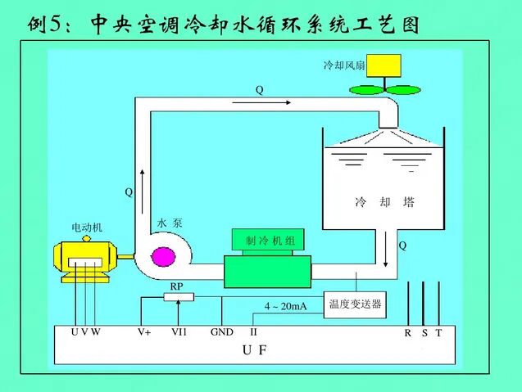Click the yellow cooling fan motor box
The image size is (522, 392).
click(x=384, y=65)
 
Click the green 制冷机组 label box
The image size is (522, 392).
click(x=269, y=240)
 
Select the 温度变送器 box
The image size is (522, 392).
click(x=355, y=305)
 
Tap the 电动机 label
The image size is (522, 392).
click(x=87, y=227)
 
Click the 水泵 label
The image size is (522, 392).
click(x=169, y=223)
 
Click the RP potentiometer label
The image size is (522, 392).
click(x=176, y=286)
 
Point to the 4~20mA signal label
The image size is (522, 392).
click(x=284, y=306)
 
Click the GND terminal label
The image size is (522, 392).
click(x=221, y=332)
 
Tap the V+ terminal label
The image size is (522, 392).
click(x=144, y=332)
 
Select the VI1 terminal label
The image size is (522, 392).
click(x=179, y=332)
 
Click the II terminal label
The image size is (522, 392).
click(x=254, y=332)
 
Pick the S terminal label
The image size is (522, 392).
click(x=424, y=333)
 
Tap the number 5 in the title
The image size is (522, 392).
click(x=56, y=25)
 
